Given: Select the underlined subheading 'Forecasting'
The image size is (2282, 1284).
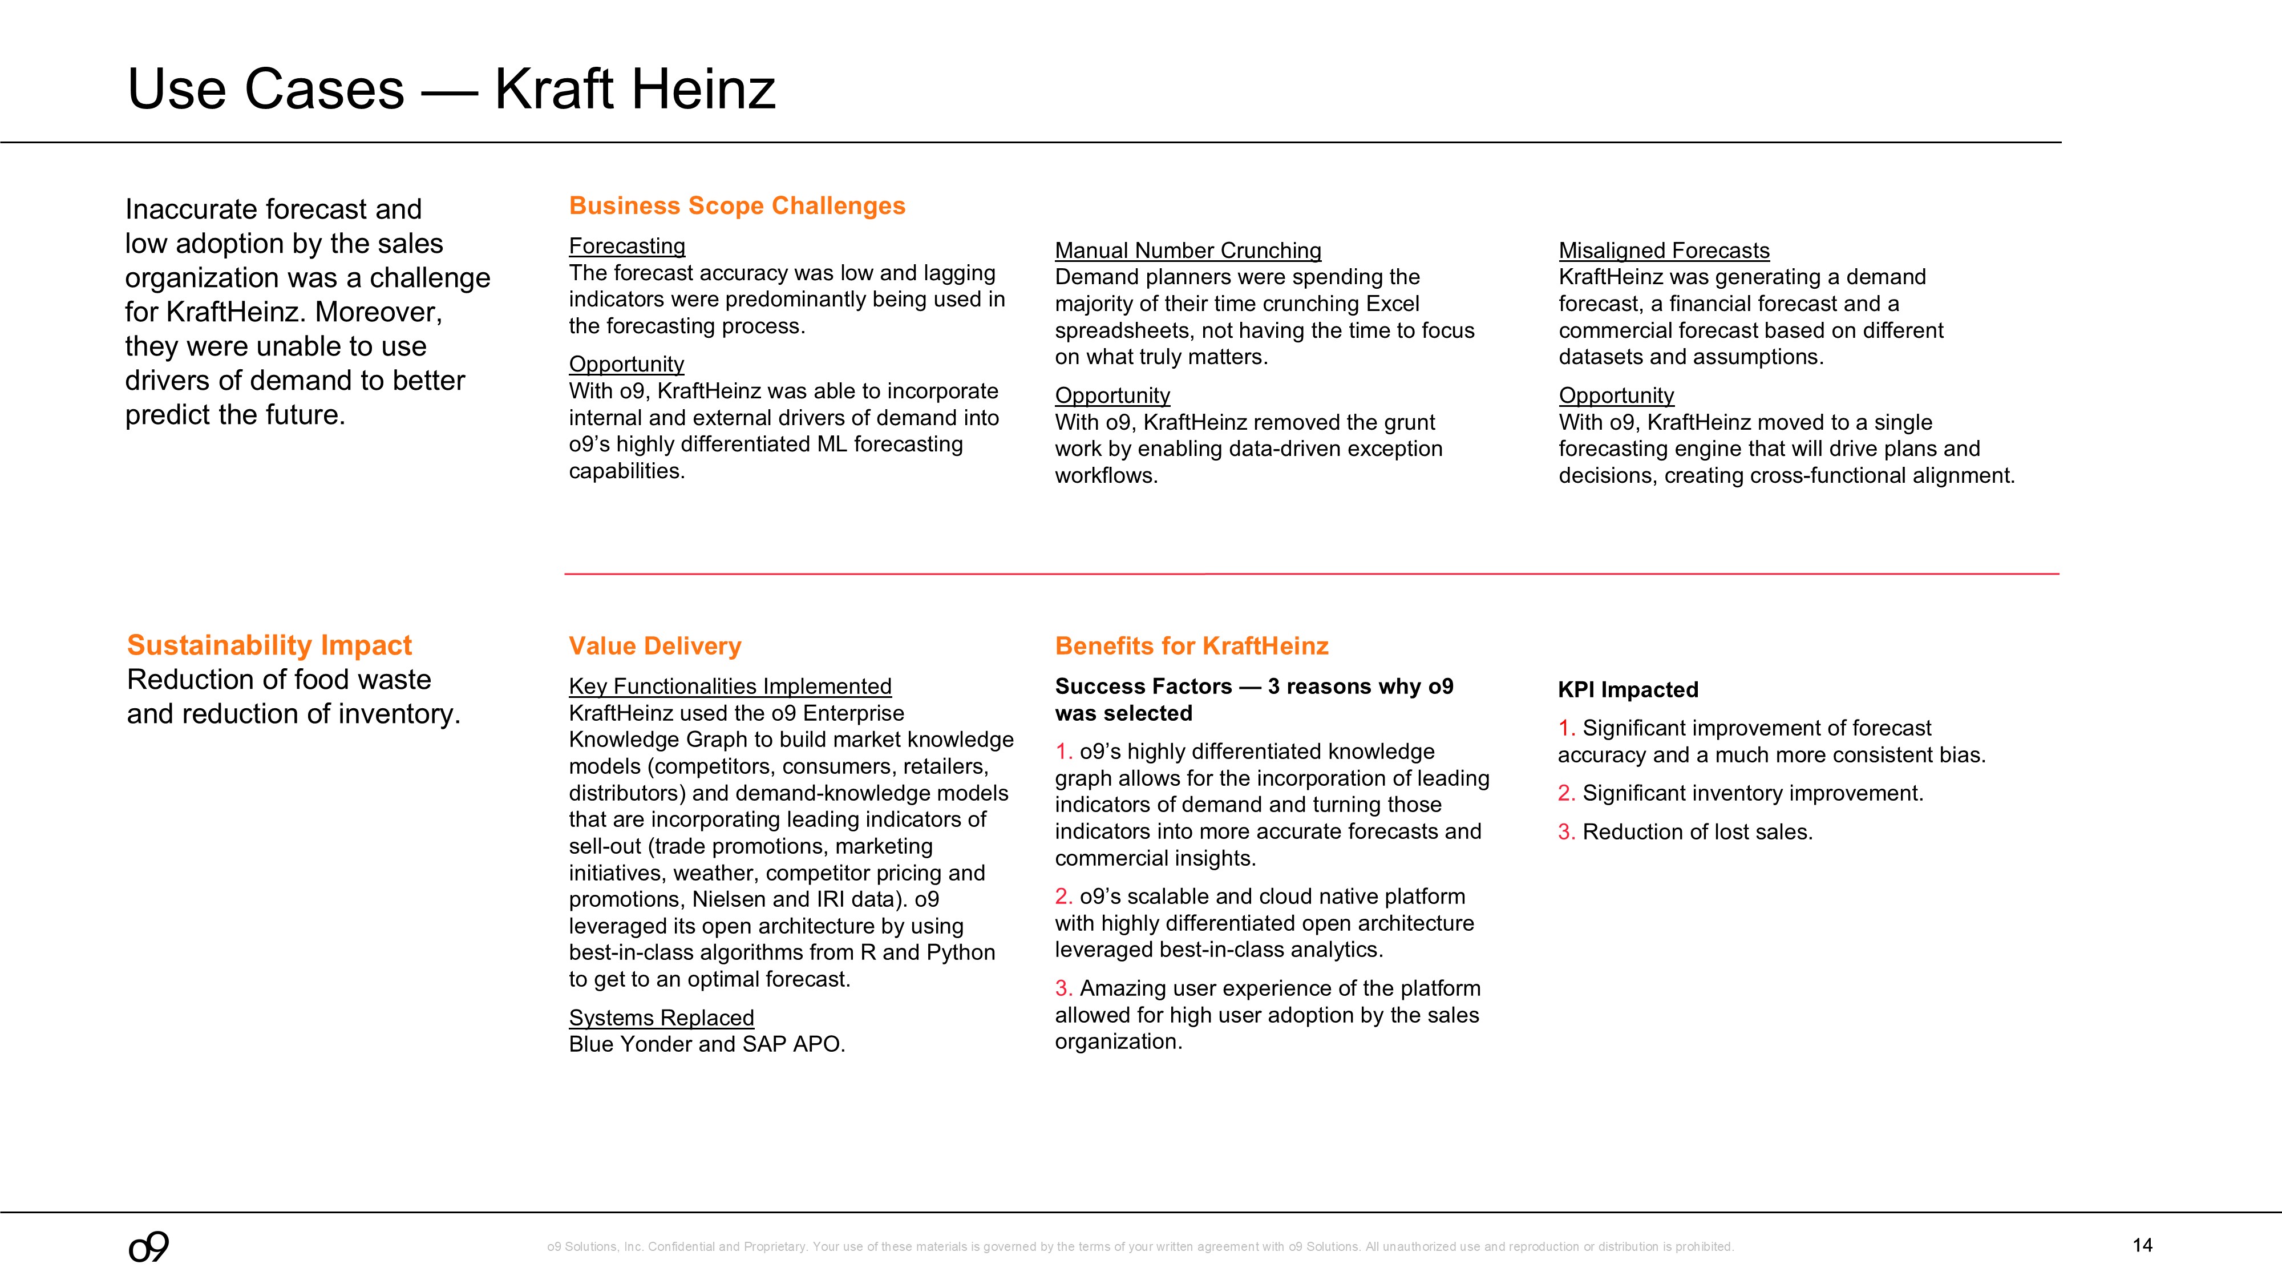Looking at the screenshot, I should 626,247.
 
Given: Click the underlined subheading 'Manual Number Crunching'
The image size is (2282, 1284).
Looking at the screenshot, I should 1187,251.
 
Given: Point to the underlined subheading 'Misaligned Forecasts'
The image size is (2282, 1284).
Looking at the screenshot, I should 1664,251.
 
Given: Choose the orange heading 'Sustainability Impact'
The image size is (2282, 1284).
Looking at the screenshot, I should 269,645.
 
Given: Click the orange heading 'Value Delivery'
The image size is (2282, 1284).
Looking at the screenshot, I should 655,646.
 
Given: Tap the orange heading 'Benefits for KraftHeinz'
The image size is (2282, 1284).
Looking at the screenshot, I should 1192,646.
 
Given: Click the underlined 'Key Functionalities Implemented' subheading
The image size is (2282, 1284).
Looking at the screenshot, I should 730,687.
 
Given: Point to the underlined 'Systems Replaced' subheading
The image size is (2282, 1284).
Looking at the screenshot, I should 661,1017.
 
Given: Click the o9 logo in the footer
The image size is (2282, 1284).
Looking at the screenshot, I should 149,1247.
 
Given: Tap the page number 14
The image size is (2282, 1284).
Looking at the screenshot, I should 2142,1245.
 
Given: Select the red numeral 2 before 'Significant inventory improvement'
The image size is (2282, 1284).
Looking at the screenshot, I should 1565,793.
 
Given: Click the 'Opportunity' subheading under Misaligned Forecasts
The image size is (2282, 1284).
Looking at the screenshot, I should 1616,395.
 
